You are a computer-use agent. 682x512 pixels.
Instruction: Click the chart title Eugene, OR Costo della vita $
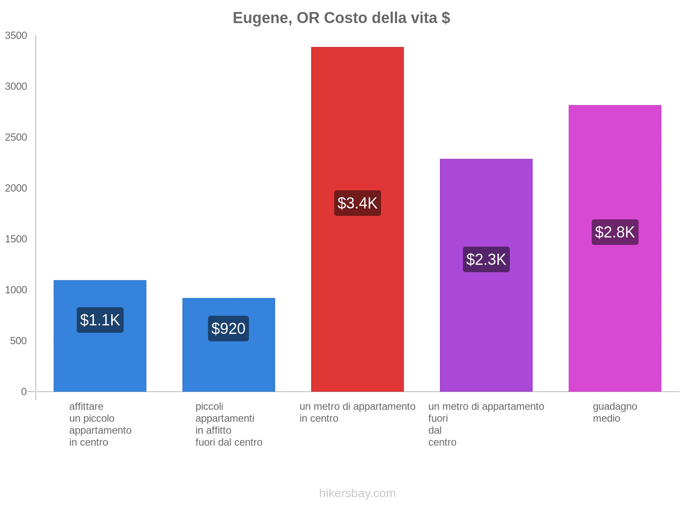click(341, 18)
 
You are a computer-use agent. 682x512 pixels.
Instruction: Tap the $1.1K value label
click(100, 320)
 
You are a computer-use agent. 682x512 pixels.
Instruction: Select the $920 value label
click(228, 329)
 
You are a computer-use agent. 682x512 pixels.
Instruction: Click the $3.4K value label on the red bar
click(357, 203)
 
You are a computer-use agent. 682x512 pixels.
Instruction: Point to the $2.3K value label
click(486, 259)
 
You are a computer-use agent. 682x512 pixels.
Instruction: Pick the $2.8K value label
click(615, 232)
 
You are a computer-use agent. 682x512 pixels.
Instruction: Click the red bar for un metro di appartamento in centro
click(357, 128)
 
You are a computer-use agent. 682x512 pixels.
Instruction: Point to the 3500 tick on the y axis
click(16, 36)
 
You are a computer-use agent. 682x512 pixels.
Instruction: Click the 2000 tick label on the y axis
click(16, 188)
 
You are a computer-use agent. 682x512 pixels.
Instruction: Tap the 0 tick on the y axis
click(24, 391)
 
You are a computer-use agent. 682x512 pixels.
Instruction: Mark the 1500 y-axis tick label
click(16, 239)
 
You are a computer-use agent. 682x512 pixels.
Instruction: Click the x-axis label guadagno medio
click(615, 412)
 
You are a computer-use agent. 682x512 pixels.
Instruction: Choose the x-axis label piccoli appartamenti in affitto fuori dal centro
click(228, 424)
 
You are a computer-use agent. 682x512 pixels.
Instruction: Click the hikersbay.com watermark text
click(357, 493)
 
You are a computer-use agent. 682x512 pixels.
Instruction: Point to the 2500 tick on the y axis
click(16, 137)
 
